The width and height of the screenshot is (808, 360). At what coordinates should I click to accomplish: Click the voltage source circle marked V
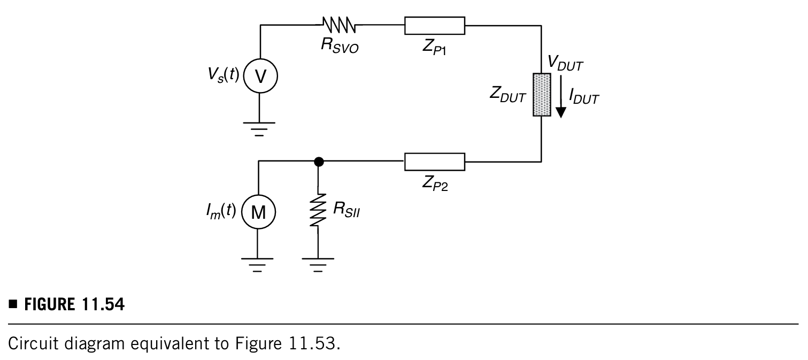260,76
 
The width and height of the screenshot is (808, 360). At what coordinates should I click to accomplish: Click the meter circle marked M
258,212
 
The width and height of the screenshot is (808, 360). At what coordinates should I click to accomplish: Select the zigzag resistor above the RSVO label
338,25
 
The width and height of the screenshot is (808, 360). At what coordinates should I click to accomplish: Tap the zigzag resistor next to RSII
318,210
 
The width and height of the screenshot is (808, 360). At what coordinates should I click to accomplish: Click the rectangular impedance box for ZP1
435,26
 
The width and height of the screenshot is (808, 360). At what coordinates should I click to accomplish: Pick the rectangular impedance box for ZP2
435,162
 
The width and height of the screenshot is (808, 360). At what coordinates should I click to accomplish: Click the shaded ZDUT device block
542,95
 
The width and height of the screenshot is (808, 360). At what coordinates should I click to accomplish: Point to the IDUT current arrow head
560,112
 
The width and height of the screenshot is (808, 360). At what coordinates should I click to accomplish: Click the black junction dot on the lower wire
319,162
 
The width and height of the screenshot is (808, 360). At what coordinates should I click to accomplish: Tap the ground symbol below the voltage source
259,129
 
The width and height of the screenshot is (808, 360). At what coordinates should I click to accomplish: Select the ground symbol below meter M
257,265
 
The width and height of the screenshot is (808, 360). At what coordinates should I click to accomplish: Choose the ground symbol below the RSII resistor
318,265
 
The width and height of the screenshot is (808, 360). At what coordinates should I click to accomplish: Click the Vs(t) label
224,75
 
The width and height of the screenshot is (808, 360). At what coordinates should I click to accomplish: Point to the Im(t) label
221,211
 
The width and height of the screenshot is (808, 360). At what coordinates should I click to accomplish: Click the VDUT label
565,63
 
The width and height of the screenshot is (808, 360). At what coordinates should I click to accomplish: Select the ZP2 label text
435,183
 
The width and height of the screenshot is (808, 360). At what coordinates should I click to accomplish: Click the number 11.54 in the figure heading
103,304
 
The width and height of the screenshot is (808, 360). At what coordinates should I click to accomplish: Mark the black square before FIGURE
13,304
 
